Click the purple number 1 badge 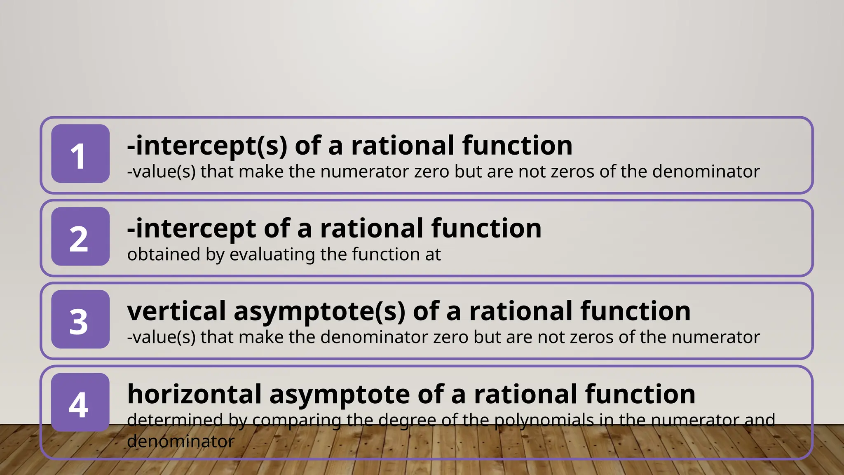pyautogui.click(x=80, y=154)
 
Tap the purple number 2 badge pyautogui.click(x=80, y=237)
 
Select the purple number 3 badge pyautogui.click(x=80, y=320)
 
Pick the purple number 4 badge pyautogui.click(x=80, y=402)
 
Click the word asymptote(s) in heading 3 pyautogui.click(x=319, y=312)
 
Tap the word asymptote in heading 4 pyautogui.click(x=340, y=395)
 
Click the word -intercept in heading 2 pyautogui.click(x=191, y=229)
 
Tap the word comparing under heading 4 pyautogui.click(x=297, y=421)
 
